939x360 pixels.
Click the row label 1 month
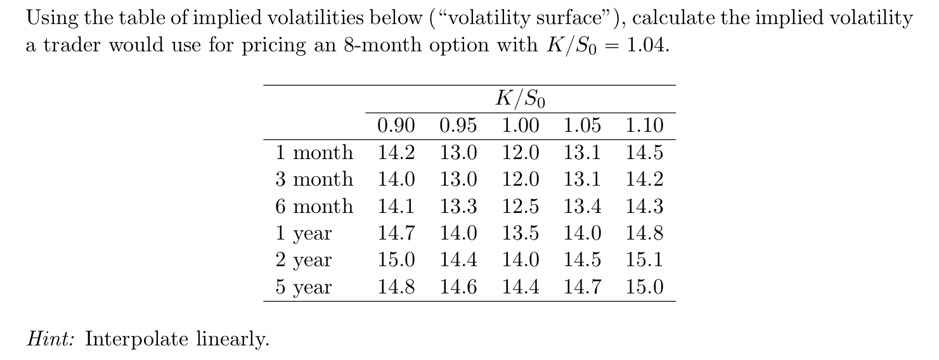[314, 153]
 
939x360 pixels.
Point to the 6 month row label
[314, 207]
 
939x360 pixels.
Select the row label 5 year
[304, 288]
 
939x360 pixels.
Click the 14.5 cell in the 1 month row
[644, 153]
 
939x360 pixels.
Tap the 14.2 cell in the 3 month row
[644, 179]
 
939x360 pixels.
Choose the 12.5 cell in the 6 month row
[521, 207]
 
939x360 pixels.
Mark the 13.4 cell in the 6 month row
[583, 207]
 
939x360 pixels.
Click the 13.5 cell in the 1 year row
[521, 233]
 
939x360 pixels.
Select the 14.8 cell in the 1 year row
[644, 233]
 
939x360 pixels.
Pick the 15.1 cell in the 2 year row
[644, 260]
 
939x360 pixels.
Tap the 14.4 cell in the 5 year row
[521, 288]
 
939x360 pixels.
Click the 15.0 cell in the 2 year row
[396, 260]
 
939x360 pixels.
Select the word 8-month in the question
[380, 46]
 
